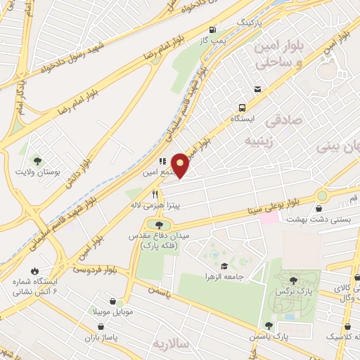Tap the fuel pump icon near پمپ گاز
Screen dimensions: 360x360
[212, 30]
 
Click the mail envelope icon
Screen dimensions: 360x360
[258, 89]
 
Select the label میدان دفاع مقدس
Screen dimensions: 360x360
[153, 237]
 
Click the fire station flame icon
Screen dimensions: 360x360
[34, 271]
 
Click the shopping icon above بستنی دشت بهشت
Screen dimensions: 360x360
[319, 208]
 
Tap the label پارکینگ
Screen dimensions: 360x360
[252, 22]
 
